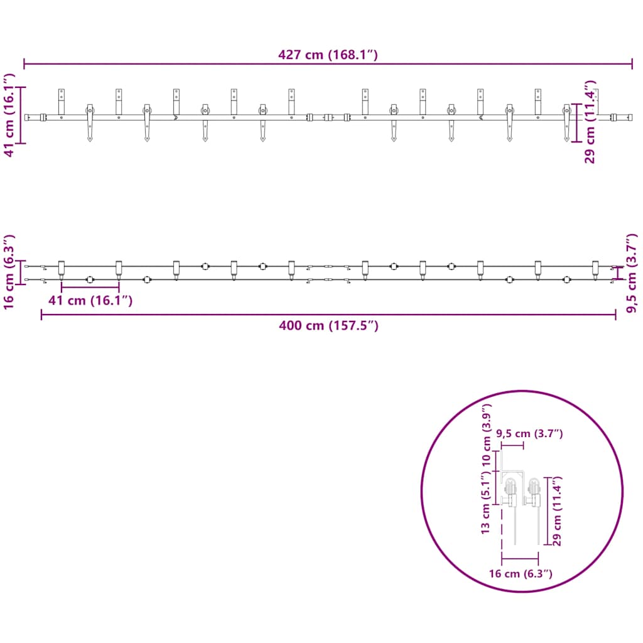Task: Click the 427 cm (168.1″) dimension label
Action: [x=328, y=55]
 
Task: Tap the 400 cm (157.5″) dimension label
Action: [x=328, y=326]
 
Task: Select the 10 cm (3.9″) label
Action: [x=486, y=435]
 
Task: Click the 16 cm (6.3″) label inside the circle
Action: [x=521, y=573]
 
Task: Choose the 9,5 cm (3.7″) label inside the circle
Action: [x=529, y=433]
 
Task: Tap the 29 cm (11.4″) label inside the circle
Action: [x=557, y=511]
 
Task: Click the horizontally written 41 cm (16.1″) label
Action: [x=90, y=301]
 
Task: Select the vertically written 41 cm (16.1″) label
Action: [x=9, y=116]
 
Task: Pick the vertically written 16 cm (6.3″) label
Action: [x=9, y=273]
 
